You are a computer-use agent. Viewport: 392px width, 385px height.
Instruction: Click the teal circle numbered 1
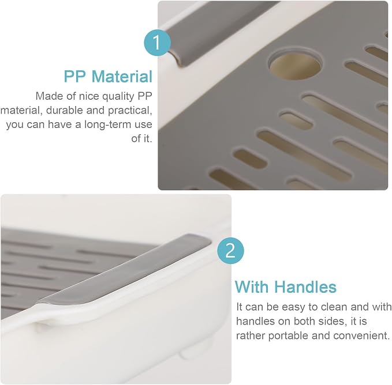[x=157, y=43]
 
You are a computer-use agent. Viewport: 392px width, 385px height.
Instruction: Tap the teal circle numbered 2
[x=230, y=250]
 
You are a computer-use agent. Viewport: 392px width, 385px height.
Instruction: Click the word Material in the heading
[x=122, y=76]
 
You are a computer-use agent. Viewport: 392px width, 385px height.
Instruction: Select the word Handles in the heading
[x=305, y=287]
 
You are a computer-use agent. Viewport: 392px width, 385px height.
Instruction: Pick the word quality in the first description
[x=118, y=97]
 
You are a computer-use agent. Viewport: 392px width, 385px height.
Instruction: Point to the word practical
[x=130, y=111]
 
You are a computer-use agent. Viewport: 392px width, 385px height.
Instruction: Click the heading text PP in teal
[x=74, y=76]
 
